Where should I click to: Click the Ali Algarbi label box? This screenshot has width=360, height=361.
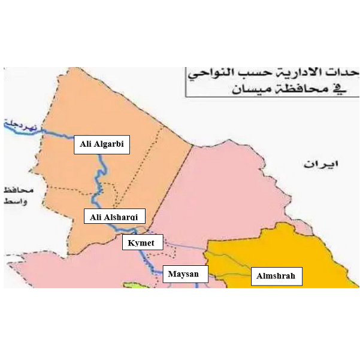(x=102, y=144)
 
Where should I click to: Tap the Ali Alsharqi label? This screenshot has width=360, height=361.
(x=113, y=217)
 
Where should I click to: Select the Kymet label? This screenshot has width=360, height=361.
(x=142, y=243)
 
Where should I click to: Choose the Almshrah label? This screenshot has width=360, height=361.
(x=276, y=277)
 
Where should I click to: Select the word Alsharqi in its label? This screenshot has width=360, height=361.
(x=122, y=217)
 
